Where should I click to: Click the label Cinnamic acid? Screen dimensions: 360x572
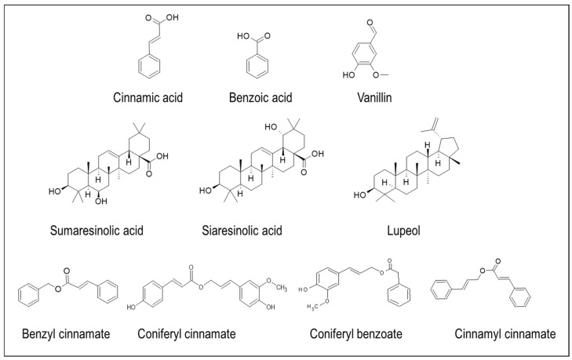pyautogui.click(x=152, y=97)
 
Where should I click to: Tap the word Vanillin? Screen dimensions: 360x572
pyautogui.click(x=373, y=97)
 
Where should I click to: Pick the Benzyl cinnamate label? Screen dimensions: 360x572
pyautogui.click(x=65, y=335)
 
